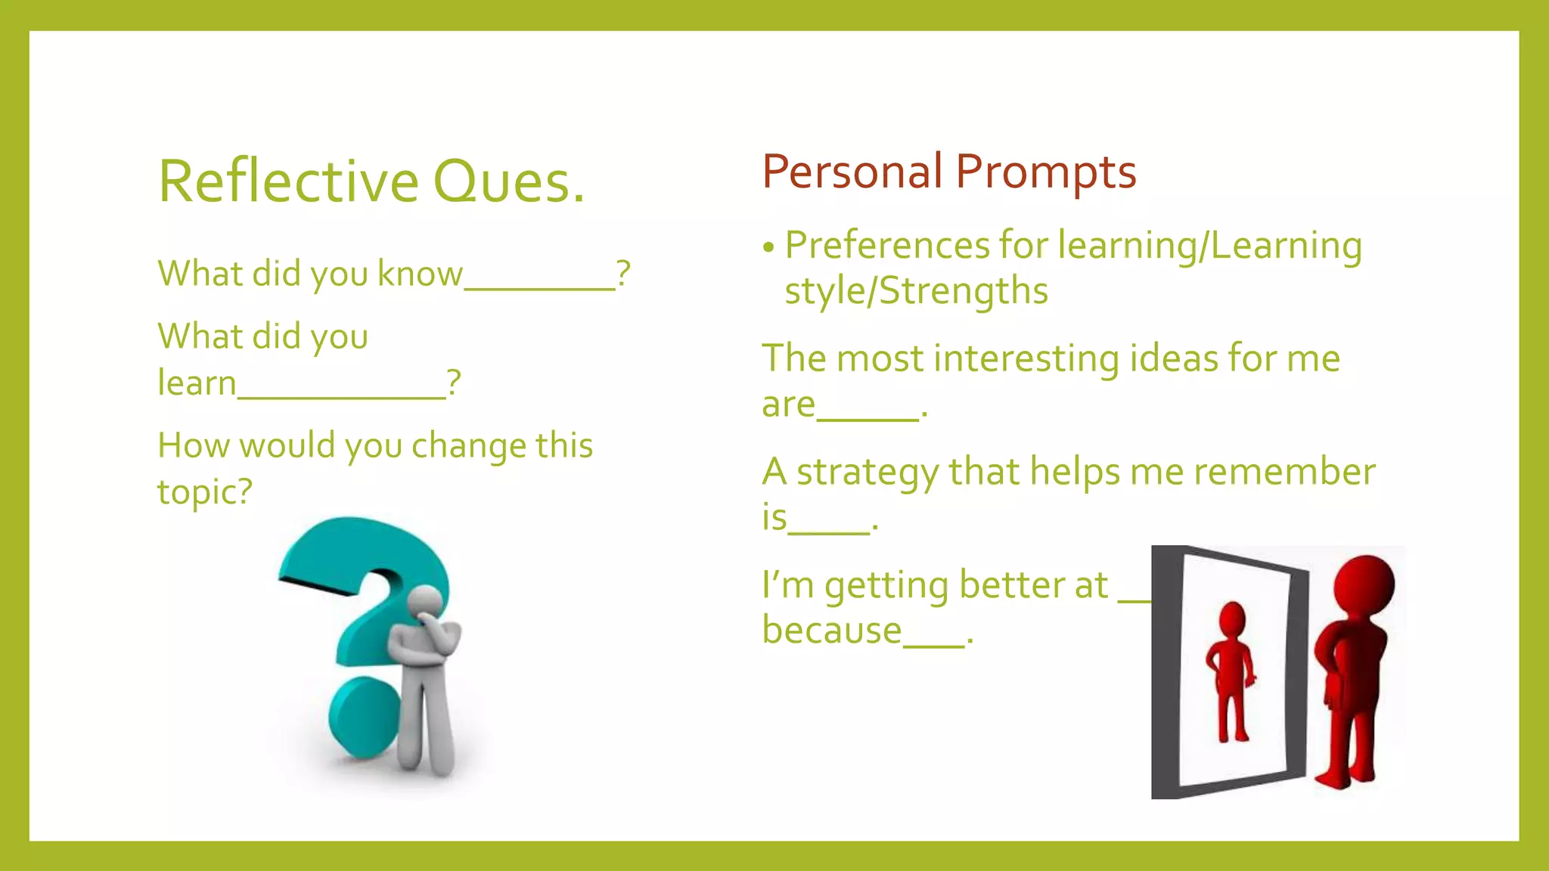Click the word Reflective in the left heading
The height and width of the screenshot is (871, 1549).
tap(288, 181)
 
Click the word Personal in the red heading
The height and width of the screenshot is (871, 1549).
tap(852, 172)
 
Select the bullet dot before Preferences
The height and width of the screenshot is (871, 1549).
tap(769, 247)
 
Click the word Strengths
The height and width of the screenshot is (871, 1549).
tap(964, 291)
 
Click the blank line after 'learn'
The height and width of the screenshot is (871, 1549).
tap(341, 395)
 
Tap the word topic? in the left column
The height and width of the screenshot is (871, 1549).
tap(204, 492)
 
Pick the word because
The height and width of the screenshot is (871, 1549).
tap(832, 630)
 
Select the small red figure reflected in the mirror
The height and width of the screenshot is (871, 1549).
tap(1231, 669)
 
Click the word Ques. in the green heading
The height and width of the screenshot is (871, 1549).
tap(508, 181)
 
